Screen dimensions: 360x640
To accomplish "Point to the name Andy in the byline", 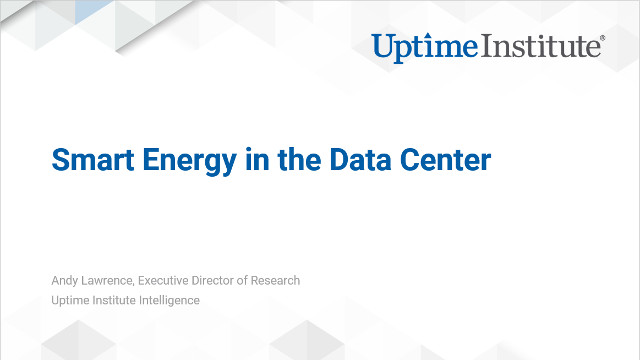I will click(x=65, y=280).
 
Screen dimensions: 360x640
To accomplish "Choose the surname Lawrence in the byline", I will click(x=112, y=280).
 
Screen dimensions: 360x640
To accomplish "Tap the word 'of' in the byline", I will click(x=262, y=280).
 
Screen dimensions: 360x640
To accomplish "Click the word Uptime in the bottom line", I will click(x=70, y=300).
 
